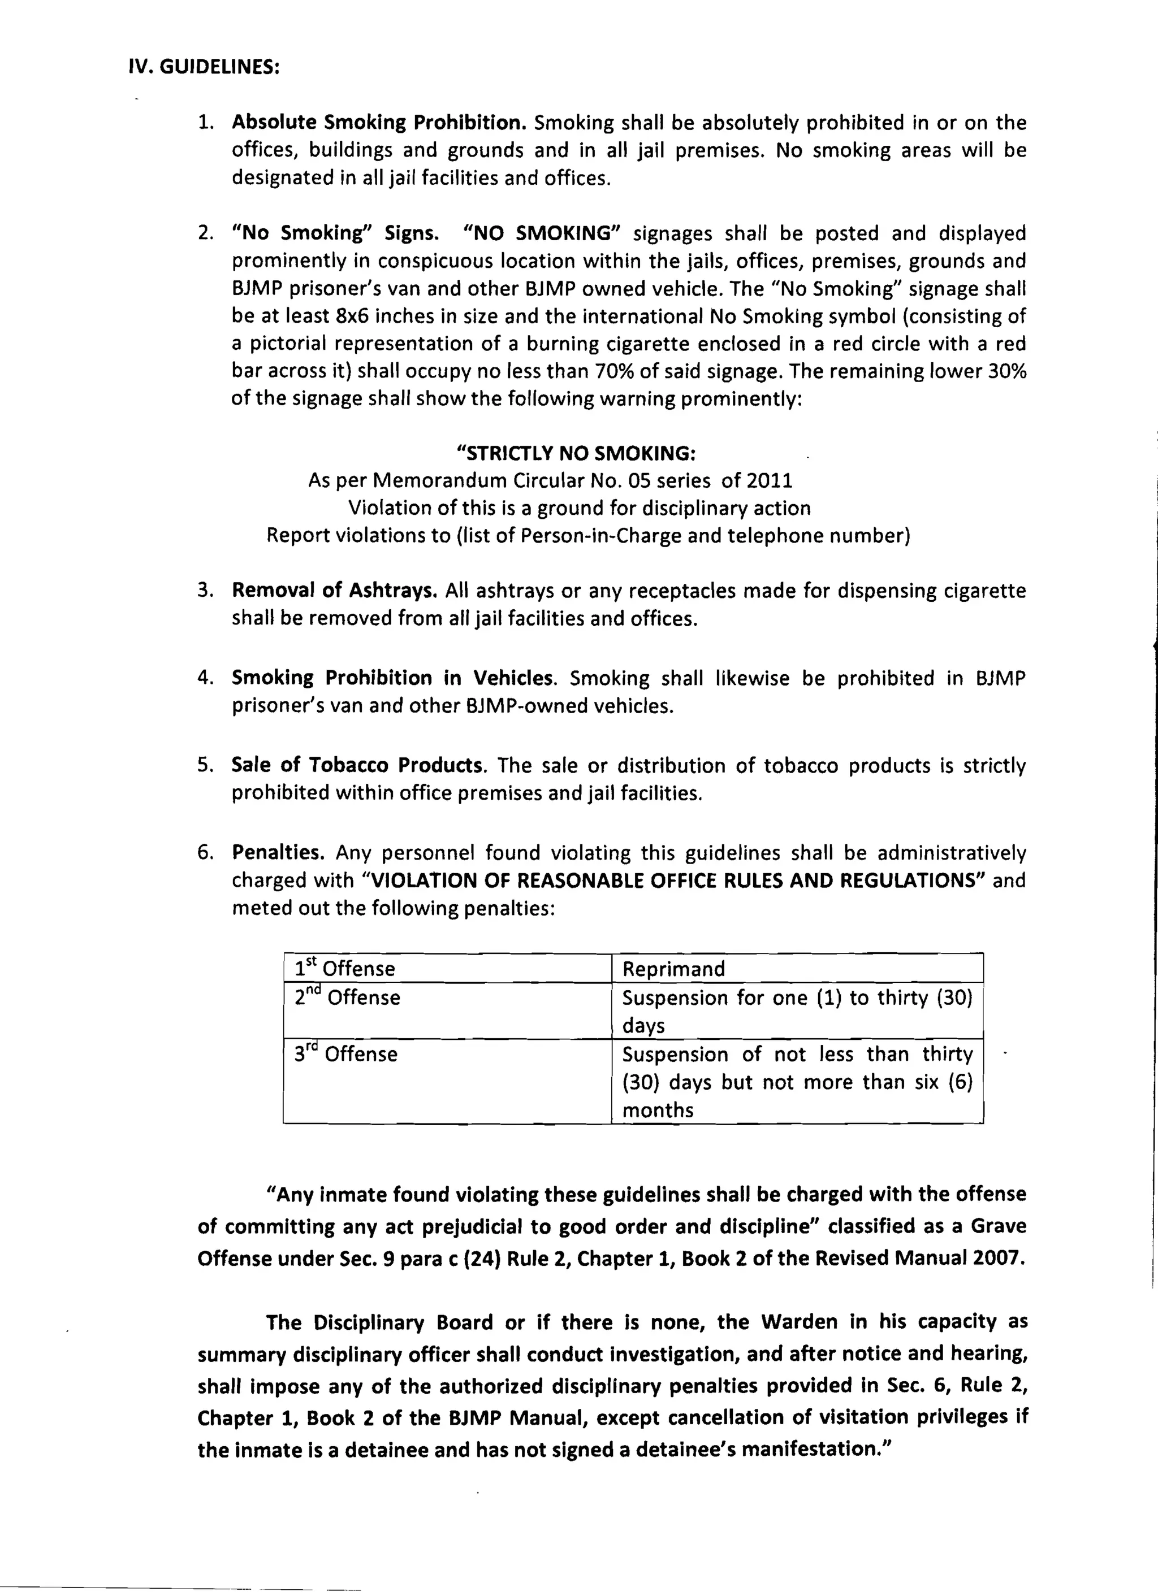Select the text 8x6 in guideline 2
coord(352,316)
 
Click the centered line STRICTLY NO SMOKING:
coord(577,453)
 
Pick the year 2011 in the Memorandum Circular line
coord(769,481)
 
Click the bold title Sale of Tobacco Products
coord(358,765)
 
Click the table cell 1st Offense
coord(344,969)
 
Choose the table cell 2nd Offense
coord(347,997)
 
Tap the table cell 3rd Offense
coord(345,1053)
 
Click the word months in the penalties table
coord(657,1110)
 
